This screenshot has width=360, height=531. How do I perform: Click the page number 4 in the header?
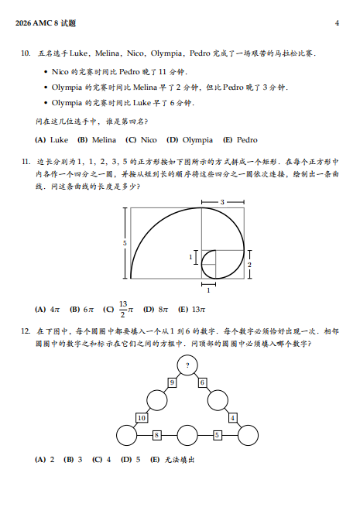337,23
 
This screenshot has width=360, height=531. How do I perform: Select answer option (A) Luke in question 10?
52,140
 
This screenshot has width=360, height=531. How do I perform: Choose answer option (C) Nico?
141,140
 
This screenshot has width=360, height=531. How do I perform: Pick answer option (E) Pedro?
240,140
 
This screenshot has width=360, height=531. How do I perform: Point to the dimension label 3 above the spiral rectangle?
222,201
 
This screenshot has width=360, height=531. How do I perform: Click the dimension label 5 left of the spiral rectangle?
125,243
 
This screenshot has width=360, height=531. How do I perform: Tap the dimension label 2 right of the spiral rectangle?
249,264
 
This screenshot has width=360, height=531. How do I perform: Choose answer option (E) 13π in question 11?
191,308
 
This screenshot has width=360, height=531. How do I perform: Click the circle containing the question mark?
187,365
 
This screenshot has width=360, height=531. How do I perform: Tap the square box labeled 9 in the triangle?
171,382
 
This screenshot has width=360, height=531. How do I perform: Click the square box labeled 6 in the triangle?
201,382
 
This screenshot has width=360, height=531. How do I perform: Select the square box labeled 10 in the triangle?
142,418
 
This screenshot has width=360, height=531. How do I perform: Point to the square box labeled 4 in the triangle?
232,418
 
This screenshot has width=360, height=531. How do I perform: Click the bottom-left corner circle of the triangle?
125,436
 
